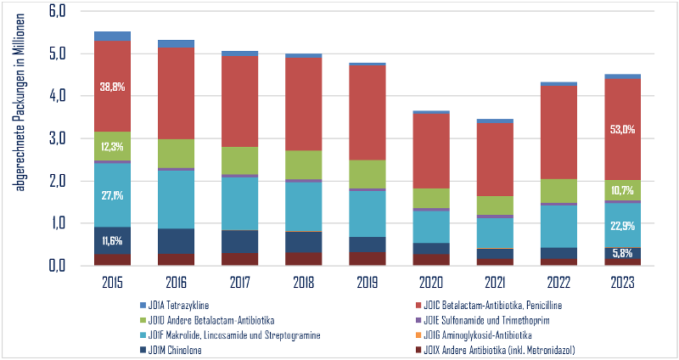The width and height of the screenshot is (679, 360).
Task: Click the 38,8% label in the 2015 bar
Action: [112, 87]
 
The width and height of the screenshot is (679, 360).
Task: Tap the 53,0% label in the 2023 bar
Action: [623, 130]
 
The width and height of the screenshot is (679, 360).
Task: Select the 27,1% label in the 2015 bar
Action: [112, 195]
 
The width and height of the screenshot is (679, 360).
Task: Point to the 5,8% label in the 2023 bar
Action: [623, 253]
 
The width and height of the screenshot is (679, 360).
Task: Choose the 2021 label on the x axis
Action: [495, 279]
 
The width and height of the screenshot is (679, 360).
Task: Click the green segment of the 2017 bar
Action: [240, 160]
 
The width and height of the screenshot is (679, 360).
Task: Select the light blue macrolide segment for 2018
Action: [304, 206]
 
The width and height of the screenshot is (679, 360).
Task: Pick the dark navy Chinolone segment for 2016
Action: [176, 241]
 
